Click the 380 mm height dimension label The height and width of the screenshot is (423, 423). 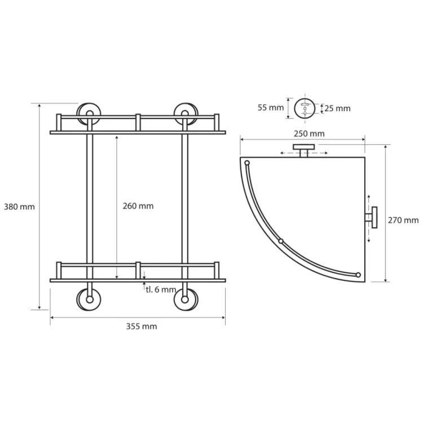19,207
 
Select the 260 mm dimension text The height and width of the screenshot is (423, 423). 138,206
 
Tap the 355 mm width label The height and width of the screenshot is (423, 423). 142,327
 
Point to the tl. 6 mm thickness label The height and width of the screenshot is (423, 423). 161,290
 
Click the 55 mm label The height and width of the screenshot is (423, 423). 271,108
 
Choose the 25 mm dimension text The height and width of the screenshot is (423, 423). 337,108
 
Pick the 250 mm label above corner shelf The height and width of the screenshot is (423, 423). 309,134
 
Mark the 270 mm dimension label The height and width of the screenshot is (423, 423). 403,221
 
